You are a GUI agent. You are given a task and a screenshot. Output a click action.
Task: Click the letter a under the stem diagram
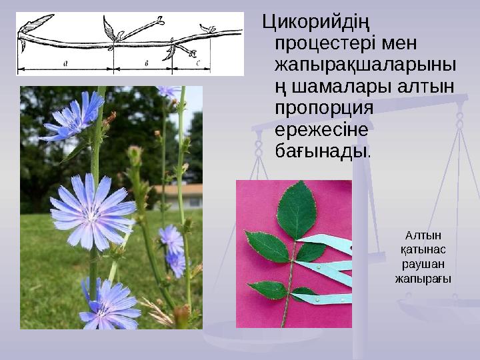point(65,63)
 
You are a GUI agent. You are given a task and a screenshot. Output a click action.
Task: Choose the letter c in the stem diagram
point(199,63)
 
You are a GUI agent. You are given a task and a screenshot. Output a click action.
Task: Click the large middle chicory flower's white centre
point(93,213)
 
